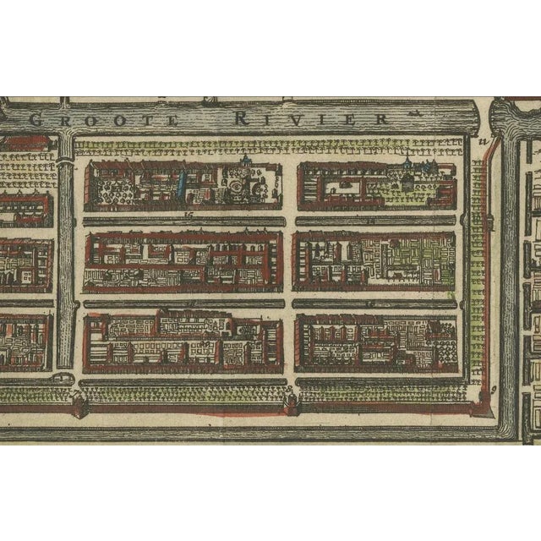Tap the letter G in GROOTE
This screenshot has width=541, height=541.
pyautogui.click(x=36, y=119)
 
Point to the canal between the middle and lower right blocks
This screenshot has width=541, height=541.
pyautogui.click(x=376, y=303)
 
